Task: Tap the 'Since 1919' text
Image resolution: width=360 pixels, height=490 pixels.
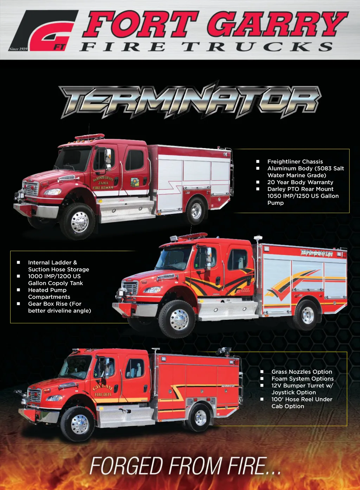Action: click(18, 49)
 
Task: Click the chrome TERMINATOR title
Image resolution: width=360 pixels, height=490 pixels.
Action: click(190, 101)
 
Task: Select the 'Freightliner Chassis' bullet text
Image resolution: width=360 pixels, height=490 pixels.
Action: click(295, 162)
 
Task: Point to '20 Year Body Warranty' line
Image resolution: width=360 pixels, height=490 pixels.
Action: click(300, 182)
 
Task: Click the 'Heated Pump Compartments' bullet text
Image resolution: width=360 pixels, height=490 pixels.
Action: click(49, 294)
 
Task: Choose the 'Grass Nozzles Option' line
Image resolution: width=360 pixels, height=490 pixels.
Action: click(302, 372)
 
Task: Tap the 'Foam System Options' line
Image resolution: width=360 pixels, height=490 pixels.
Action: click(303, 379)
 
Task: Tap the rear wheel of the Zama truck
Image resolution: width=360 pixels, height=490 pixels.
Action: click(196, 211)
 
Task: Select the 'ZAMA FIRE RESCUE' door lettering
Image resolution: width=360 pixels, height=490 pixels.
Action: click(103, 183)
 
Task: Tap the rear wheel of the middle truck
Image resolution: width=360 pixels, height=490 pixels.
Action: click(306, 315)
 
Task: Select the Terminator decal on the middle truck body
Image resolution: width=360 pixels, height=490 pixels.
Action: click(317, 253)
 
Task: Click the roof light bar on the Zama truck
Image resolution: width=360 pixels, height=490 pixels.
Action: click(90, 137)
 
